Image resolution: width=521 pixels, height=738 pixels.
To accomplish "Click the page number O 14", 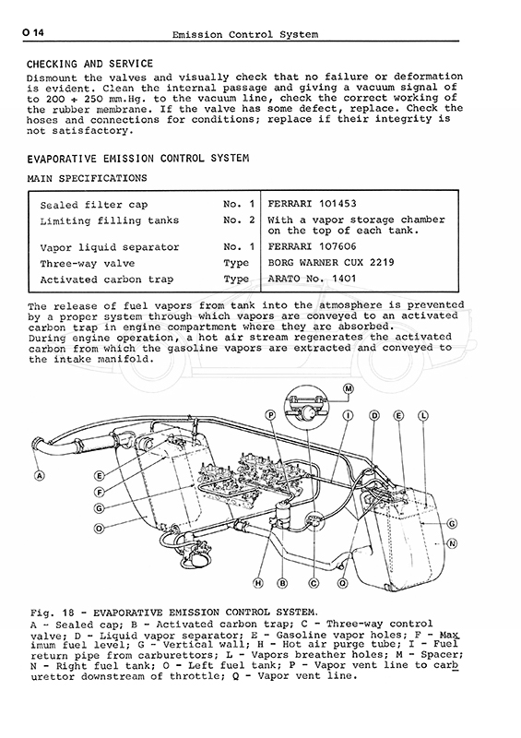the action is point(32,32).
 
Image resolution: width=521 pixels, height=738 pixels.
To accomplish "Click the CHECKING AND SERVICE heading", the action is point(89,64).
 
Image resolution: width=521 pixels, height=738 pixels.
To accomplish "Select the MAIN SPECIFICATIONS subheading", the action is point(87,178).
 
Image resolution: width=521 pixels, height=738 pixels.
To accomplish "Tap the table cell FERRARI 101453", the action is point(312,204).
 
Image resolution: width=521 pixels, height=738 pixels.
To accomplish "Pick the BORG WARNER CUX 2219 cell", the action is point(331,262).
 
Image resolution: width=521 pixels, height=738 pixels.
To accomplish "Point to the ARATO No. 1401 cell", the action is point(312,279).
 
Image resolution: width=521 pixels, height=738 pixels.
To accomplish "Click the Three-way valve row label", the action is point(88,264).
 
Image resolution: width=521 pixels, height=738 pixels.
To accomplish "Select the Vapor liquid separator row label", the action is point(110,247).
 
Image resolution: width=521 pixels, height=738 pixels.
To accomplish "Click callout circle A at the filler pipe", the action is point(40,476).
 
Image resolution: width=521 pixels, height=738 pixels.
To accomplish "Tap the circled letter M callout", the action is point(349,388).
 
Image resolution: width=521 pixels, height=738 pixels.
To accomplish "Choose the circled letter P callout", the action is point(270,415).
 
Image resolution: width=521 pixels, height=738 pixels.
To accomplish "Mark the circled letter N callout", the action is point(452,543).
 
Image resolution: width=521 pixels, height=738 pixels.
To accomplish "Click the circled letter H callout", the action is point(258,583).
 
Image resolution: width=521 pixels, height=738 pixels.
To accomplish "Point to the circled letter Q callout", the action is point(343,583).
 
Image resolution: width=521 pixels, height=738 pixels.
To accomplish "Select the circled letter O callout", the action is point(99,529).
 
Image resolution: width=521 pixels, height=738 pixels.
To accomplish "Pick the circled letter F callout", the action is point(100,493).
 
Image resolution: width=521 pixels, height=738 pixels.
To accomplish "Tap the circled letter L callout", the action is point(422,416).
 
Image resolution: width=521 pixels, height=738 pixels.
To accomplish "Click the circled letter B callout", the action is point(282,583).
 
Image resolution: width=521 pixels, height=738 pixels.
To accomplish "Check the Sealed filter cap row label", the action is point(94,205).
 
